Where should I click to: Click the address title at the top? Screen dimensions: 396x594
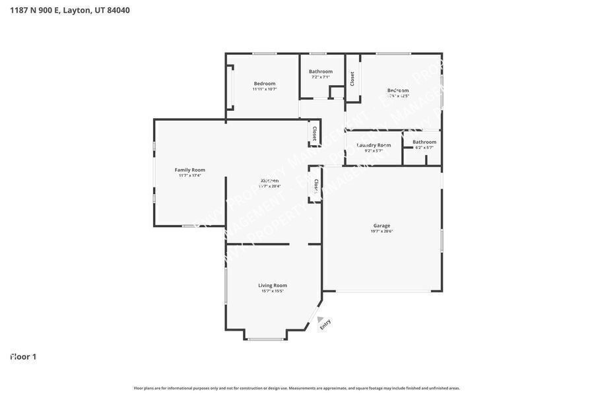pyautogui.click(x=70, y=10)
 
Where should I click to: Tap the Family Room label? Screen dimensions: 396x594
pyautogui.click(x=189, y=170)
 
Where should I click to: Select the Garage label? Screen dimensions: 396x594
pyautogui.click(x=381, y=226)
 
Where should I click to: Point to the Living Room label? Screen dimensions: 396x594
pyautogui.click(x=272, y=285)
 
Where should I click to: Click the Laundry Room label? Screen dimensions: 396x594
pyautogui.click(x=374, y=145)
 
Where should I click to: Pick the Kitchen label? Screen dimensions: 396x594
pyautogui.click(x=269, y=180)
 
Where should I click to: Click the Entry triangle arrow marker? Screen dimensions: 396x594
pyautogui.click(x=320, y=319)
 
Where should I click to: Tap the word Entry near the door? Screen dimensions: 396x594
pyautogui.click(x=325, y=324)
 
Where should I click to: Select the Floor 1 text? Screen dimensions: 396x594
pyautogui.click(x=23, y=356)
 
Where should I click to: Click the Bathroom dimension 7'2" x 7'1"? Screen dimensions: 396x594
pyautogui.click(x=321, y=77)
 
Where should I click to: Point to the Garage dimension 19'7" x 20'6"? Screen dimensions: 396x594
pyautogui.click(x=381, y=231)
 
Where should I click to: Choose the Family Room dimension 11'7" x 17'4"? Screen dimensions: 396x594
pyautogui.click(x=189, y=176)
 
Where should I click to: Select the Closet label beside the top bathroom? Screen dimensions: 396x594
pyautogui.click(x=352, y=79)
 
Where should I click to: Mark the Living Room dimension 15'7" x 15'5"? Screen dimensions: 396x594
pyautogui.click(x=272, y=291)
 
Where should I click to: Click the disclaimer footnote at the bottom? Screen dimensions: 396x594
pyautogui.click(x=297, y=388)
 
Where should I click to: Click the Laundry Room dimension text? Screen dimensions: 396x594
pyautogui.click(x=374, y=150)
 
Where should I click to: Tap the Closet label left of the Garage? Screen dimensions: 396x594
pyautogui.click(x=315, y=186)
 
